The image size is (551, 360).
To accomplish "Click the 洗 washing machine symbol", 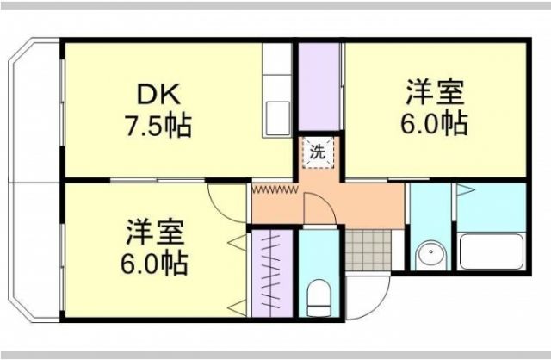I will pyautogui.click(x=318, y=153).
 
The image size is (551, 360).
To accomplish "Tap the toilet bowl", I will pyautogui.click(x=319, y=297).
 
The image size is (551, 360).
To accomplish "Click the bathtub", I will pyautogui.click(x=492, y=251).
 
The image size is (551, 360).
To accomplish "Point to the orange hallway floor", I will pyautogui.click(x=362, y=202).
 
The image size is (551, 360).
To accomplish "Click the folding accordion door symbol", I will pyautogui.click(x=274, y=187).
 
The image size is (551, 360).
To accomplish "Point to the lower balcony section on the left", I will pyautogui.click(x=34, y=250).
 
